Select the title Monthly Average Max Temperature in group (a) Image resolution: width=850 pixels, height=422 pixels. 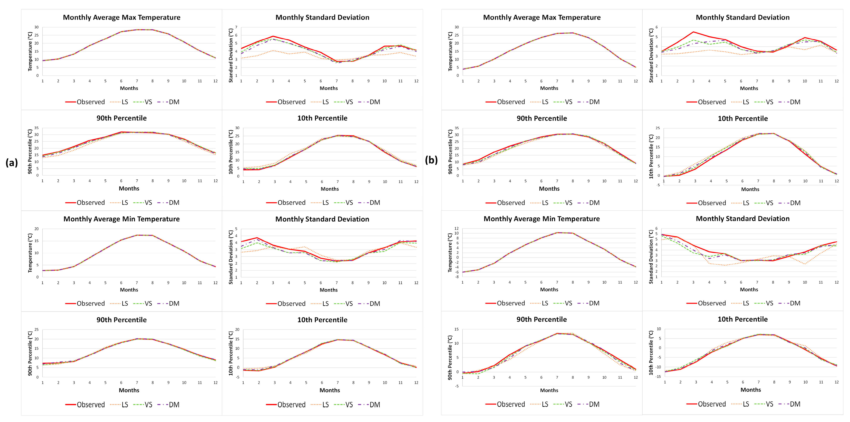121,18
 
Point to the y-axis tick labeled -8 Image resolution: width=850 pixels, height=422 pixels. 457,277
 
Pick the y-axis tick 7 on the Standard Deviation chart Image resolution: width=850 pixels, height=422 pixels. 236,27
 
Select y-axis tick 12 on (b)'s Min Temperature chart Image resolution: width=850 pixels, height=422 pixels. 457,229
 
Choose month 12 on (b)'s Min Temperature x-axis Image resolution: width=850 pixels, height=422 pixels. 636,282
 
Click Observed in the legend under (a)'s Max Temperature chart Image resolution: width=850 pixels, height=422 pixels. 91,102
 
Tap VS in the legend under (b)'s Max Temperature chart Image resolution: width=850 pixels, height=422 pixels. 568,102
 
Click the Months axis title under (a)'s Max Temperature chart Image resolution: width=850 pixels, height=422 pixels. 129,88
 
